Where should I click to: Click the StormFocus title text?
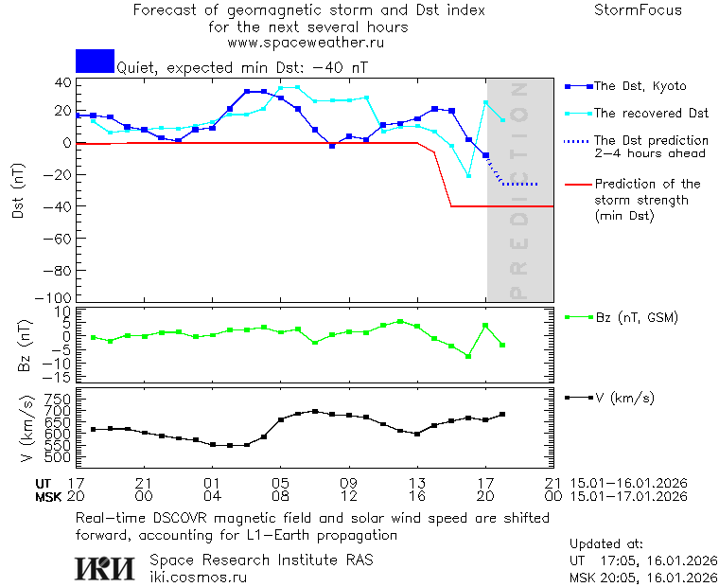click(x=638, y=10)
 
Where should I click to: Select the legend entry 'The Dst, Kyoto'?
click(x=639, y=86)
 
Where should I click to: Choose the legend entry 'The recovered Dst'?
click(x=651, y=114)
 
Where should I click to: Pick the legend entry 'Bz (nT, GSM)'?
click(x=636, y=317)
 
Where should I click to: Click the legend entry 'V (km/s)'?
click(x=623, y=398)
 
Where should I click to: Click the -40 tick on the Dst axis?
click(x=60, y=206)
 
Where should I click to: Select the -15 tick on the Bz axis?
click(x=60, y=377)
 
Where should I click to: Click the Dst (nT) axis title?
click(x=18, y=191)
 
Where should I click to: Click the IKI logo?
click(x=105, y=567)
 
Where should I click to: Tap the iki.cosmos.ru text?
click(x=199, y=577)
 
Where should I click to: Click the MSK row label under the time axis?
click(x=47, y=496)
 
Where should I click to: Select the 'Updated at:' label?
click(x=605, y=544)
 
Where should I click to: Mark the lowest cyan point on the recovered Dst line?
click(x=468, y=175)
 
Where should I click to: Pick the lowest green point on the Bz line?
click(x=468, y=356)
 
